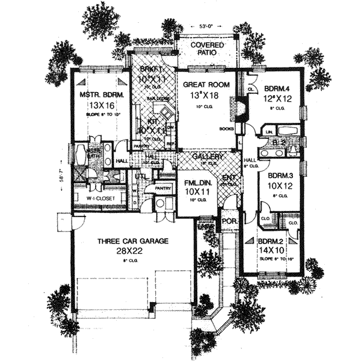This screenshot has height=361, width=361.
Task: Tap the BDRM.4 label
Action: pos(276,90)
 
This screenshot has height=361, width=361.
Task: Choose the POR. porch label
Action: pos(230,221)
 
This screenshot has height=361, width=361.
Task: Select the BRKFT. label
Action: pos(144,70)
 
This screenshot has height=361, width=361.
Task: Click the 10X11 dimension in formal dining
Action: pos(193,190)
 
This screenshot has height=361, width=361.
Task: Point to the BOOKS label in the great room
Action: pos(227,128)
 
